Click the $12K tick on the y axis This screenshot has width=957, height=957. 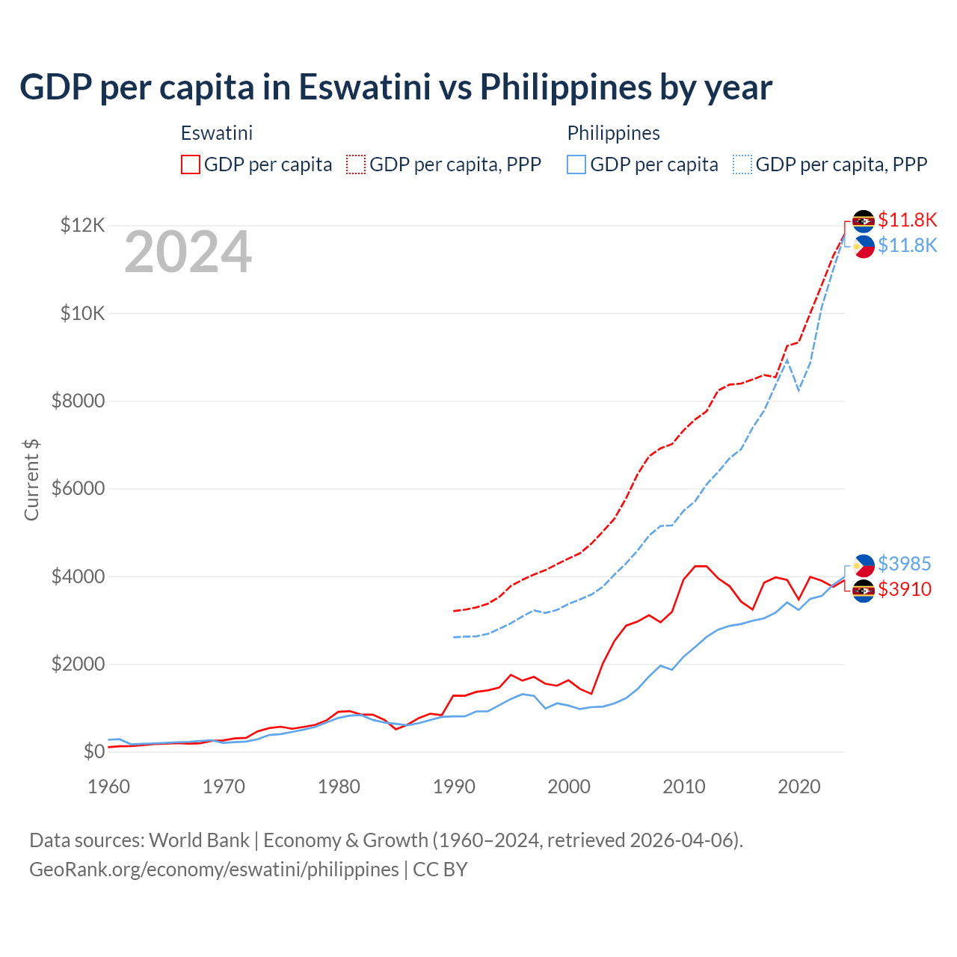point(82,225)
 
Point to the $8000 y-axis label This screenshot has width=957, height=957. point(78,401)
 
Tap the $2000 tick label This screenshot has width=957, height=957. point(78,664)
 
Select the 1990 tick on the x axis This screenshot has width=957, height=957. point(454,787)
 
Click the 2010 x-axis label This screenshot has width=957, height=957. point(684,787)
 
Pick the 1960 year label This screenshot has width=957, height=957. point(109,787)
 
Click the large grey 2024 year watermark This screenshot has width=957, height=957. point(188,253)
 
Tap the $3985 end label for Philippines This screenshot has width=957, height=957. point(904,564)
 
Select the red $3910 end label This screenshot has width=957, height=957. point(904,589)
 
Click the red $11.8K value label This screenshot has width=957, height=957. point(907,220)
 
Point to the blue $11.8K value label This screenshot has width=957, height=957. point(907,245)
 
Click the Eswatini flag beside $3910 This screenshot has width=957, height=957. point(864,591)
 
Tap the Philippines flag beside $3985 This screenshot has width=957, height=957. point(864,565)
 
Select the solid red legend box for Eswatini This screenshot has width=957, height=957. point(191,164)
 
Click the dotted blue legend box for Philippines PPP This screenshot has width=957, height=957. point(742,164)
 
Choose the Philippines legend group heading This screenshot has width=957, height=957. point(613,133)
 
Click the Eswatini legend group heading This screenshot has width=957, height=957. point(217,133)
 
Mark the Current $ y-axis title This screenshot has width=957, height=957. point(31,480)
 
